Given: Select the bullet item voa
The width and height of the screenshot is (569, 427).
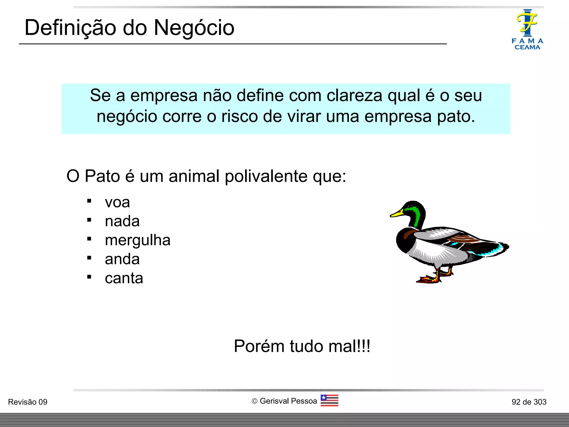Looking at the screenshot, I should (x=117, y=202).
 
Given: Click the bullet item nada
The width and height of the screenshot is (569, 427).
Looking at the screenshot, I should (x=122, y=221).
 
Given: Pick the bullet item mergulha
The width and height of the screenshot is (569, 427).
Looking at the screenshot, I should (x=138, y=240).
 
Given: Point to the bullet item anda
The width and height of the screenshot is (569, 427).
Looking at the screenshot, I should (x=122, y=259).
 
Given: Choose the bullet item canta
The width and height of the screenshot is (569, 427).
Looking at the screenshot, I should (x=124, y=278).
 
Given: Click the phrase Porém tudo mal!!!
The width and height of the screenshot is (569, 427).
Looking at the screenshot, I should (x=302, y=346).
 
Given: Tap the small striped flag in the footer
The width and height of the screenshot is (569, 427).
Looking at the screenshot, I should (x=329, y=400).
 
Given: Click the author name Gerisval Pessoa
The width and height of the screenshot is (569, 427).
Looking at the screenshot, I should (x=288, y=401).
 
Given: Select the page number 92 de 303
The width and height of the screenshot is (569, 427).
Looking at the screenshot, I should (x=529, y=402).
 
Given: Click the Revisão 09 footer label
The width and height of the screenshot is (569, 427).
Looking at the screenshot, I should (x=28, y=402).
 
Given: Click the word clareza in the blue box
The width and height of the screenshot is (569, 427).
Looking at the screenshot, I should (x=354, y=95).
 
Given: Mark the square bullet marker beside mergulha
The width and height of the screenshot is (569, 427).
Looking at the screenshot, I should (x=89, y=239).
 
